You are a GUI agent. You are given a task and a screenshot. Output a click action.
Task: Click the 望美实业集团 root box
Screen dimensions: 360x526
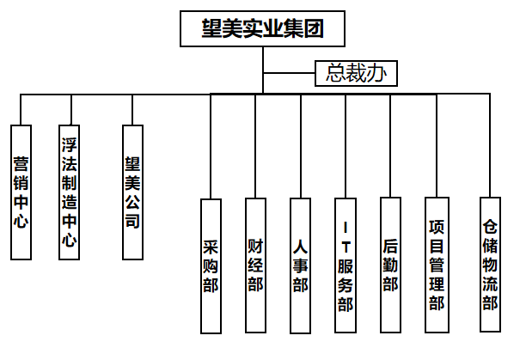click(x=263, y=29)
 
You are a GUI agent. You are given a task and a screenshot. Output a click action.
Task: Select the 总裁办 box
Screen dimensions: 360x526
click(x=356, y=73)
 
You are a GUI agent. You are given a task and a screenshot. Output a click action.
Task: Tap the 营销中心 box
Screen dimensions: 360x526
click(x=21, y=192)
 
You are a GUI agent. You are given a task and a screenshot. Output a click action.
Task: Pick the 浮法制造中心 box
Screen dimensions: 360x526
click(x=70, y=192)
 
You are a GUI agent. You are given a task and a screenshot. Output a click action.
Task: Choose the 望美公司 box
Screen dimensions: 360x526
click(x=132, y=192)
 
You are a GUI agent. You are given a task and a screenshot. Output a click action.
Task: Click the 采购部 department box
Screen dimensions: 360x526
click(x=211, y=265)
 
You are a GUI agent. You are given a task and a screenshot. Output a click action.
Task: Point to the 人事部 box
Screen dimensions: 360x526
click(x=300, y=265)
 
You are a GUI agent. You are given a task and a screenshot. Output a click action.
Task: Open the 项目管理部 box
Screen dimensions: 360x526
click(x=437, y=265)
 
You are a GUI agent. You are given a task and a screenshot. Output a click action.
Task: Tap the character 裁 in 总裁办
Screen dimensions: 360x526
click(x=356, y=73)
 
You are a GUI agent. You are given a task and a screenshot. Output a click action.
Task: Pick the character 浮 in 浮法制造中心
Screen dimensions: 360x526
click(x=70, y=142)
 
